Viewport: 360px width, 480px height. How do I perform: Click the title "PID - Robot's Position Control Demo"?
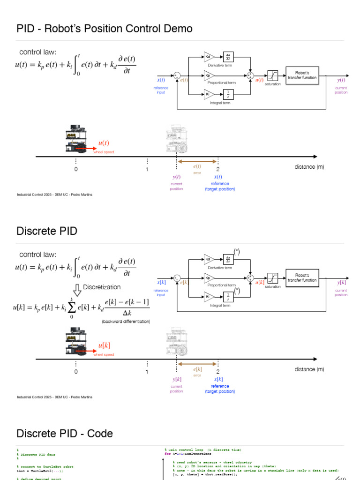point(105,29)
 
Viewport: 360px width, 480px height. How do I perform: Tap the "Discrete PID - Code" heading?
point(65,434)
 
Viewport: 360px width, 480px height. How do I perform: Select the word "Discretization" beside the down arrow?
point(102,287)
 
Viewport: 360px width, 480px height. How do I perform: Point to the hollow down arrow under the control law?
point(78,290)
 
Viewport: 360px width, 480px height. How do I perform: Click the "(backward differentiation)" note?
point(126,322)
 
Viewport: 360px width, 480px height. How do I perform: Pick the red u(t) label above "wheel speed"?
point(103,143)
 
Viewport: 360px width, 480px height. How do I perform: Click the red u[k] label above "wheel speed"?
point(104,346)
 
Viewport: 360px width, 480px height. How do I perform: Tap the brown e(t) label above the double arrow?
point(197,166)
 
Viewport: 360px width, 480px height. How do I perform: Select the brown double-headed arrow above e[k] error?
point(197,363)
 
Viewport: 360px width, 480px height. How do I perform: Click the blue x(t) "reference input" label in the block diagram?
point(161,80)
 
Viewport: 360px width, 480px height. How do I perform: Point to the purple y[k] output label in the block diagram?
point(341,283)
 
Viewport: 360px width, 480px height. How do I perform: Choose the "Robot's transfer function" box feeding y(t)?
point(302,75)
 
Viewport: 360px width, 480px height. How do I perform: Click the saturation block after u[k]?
point(272,278)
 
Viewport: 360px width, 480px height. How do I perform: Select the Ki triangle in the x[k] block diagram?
point(208,296)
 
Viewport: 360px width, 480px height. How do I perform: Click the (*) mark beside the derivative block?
point(237,252)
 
